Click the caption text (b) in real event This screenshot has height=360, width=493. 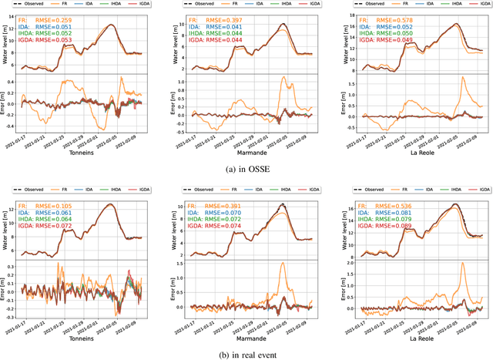246,354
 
